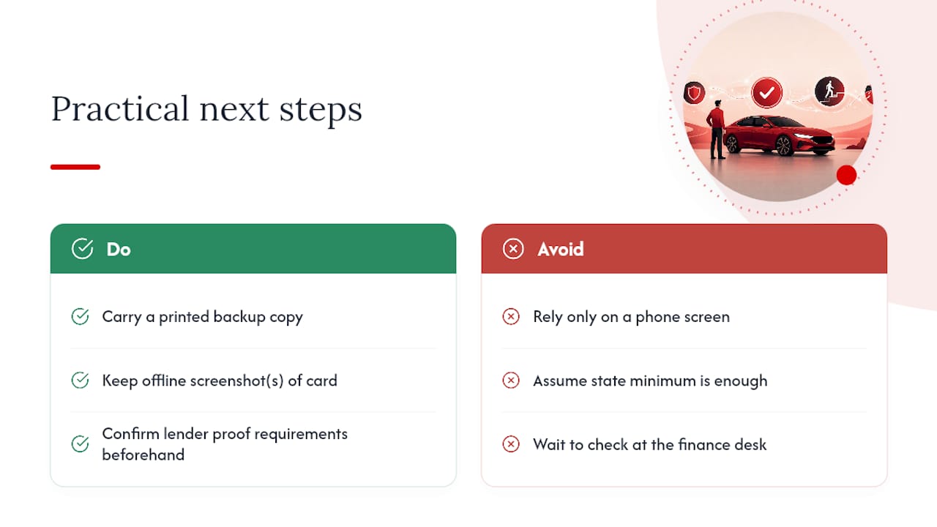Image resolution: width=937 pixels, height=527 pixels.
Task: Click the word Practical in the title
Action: [120, 109]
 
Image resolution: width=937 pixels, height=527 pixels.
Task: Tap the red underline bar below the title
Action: [75, 167]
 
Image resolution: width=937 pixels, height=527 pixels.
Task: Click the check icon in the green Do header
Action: [83, 249]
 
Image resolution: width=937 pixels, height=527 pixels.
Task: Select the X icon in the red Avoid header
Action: [513, 249]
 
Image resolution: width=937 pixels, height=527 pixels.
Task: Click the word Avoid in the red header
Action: [561, 250]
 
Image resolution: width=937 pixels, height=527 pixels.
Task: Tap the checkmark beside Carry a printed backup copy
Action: [80, 317]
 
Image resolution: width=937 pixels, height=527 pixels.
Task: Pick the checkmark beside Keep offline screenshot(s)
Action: [80, 380]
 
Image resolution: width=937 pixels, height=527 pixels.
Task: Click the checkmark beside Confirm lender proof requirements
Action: [80, 444]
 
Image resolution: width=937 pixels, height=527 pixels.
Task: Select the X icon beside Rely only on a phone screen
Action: [511, 317]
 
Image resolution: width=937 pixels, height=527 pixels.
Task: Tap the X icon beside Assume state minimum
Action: [511, 381]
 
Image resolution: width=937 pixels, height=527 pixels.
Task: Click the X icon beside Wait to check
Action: [511, 444]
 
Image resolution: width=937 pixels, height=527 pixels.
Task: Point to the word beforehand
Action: [143, 455]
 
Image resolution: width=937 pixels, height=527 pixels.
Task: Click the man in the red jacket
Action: [717, 130]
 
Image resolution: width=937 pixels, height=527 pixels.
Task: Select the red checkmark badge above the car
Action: [766, 92]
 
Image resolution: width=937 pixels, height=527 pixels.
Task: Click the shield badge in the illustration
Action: [694, 93]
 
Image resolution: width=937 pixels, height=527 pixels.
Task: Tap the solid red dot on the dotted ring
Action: [846, 175]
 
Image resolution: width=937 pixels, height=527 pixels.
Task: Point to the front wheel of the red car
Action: [784, 145]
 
